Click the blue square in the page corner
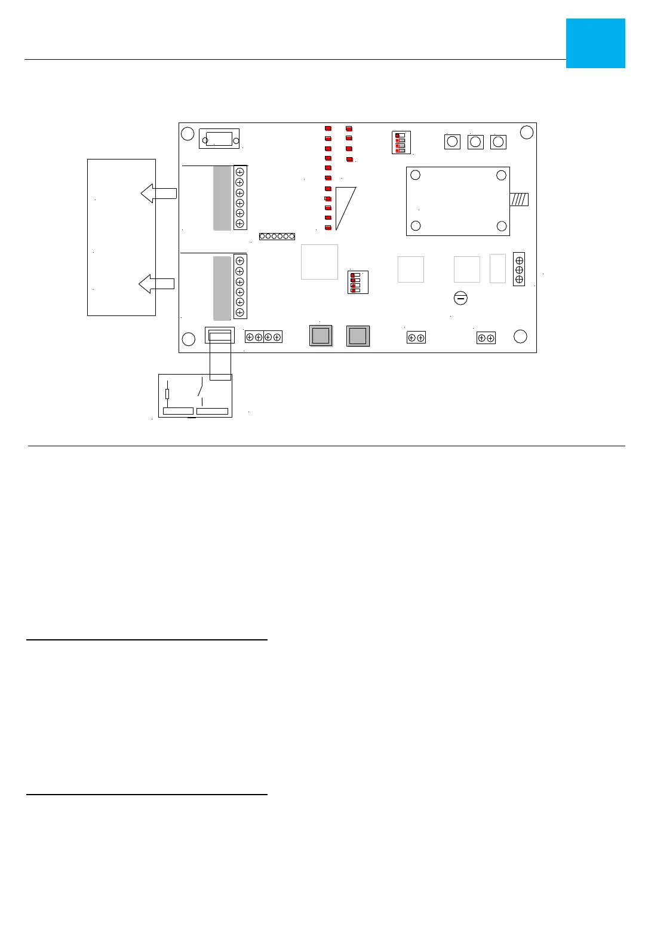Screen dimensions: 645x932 (x=595, y=43)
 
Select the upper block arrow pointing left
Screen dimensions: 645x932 (x=158, y=193)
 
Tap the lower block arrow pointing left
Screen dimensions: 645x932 (x=156, y=284)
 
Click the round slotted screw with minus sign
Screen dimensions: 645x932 (x=460, y=298)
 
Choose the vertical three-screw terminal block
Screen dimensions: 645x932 (x=519, y=269)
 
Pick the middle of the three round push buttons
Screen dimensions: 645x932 (x=475, y=142)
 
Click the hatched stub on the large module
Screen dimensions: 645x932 (x=519, y=199)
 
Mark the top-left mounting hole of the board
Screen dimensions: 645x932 (x=188, y=134)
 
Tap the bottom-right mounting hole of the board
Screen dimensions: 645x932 (x=520, y=336)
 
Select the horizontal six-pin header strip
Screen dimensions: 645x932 (x=277, y=237)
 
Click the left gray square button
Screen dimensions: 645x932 (x=321, y=336)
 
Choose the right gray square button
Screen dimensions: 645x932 (x=358, y=336)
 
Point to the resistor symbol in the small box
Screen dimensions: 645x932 (x=167, y=394)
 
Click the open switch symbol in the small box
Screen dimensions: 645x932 (x=201, y=389)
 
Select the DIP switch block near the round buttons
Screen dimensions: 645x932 (x=401, y=143)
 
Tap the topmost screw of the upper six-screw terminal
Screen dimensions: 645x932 (x=239, y=172)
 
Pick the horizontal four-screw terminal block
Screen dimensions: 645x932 (x=263, y=337)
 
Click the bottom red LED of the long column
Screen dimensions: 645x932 (x=328, y=228)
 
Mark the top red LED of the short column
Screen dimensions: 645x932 (x=349, y=128)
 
